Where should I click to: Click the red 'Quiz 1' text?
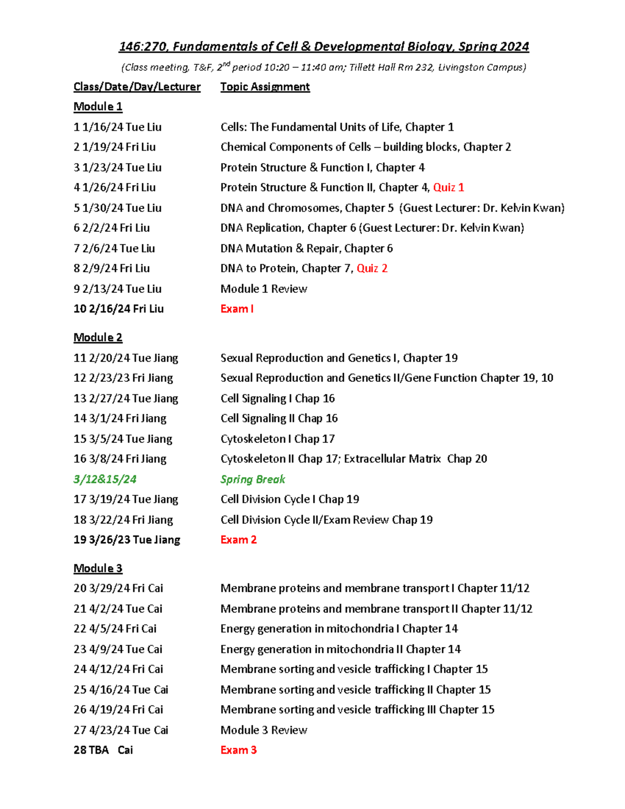(x=448, y=188)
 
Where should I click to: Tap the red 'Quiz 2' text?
(x=372, y=268)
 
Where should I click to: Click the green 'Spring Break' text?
(x=253, y=479)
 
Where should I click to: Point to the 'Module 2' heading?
(x=98, y=338)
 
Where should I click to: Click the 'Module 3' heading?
(x=98, y=568)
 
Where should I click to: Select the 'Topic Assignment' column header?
(x=265, y=87)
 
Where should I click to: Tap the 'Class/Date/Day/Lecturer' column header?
(x=137, y=87)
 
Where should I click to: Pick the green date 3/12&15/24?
(x=105, y=479)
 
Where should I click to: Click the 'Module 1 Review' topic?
(x=264, y=289)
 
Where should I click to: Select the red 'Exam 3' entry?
(x=239, y=750)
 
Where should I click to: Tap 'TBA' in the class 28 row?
(x=99, y=750)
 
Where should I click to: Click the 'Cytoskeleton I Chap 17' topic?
(x=278, y=439)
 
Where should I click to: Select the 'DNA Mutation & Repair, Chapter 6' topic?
(x=306, y=248)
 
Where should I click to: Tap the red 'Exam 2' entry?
(x=239, y=540)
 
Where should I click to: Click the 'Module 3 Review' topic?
(x=264, y=730)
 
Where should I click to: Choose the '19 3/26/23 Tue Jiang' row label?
(x=127, y=540)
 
